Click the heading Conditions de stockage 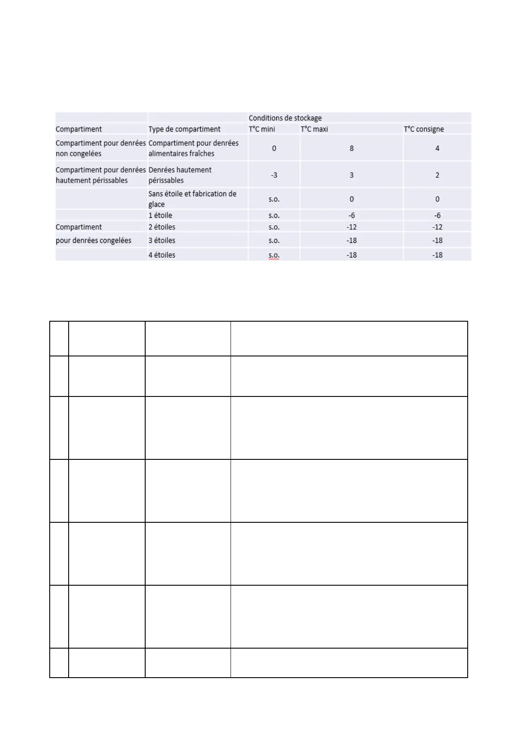click(x=285, y=118)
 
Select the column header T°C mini click(x=262, y=129)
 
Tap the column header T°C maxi click(x=314, y=129)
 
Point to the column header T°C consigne click(x=424, y=129)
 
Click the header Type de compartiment click(x=184, y=129)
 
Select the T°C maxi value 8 click(x=352, y=148)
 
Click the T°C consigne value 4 click(x=437, y=148)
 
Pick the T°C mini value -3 click(x=274, y=175)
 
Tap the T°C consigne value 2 click(x=437, y=175)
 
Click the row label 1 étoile click(x=160, y=215)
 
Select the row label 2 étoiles click(x=162, y=227)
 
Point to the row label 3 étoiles click(x=162, y=240)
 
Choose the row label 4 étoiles click(x=162, y=255)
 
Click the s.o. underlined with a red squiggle click(x=274, y=255)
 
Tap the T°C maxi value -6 click(x=352, y=215)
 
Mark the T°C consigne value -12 click(x=437, y=227)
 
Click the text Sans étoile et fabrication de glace click(x=192, y=199)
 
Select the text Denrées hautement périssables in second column click(x=180, y=175)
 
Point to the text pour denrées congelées click(x=93, y=240)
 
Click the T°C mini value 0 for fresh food click(x=274, y=148)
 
